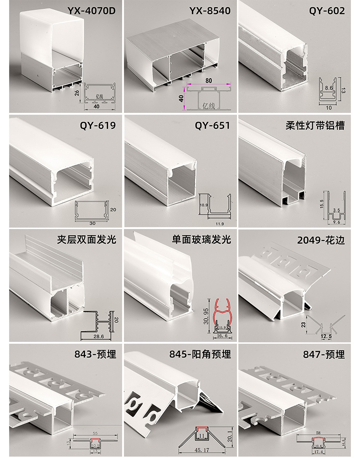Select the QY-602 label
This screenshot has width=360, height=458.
[x=327, y=10]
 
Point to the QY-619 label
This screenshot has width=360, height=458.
[x=98, y=125]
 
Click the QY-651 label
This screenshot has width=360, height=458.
[x=212, y=125]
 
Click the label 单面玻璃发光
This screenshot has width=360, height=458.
[x=201, y=239]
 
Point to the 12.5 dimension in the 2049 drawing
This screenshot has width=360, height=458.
[x=326, y=336]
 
